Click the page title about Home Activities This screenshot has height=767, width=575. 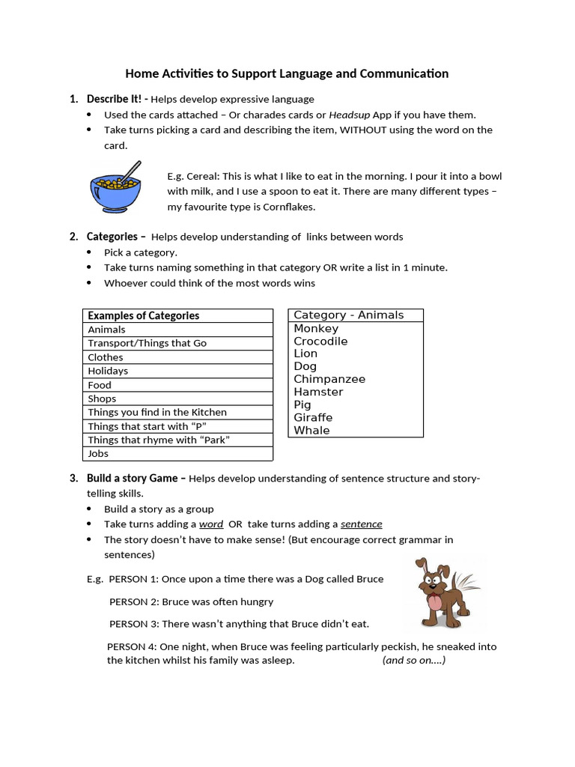pyautogui.click(x=287, y=73)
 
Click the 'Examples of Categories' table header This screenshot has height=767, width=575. pyautogui.click(x=144, y=315)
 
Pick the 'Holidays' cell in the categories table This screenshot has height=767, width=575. pyautogui.click(x=108, y=371)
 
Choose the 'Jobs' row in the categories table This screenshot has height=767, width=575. pyautogui.click(x=98, y=453)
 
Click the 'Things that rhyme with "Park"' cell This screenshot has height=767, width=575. pyautogui.click(x=159, y=440)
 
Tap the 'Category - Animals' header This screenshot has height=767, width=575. pyautogui.click(x=348, y=315)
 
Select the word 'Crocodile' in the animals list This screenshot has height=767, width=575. pyautogui.click(x=320, y=341)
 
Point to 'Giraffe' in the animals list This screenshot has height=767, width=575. pyautogui.click(x=313, y=417)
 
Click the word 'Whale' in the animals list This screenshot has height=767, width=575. pyautogui.click(x=311, y=430)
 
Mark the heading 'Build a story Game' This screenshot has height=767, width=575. pyautogui.click(x=133, y=478)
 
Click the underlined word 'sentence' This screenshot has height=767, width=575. pyautogui.click(x=361, y=524)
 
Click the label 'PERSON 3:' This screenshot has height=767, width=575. pyautogui.click(x=133, y=623)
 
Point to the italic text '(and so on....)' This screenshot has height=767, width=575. pyautogui.click(x=413, y=660)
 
